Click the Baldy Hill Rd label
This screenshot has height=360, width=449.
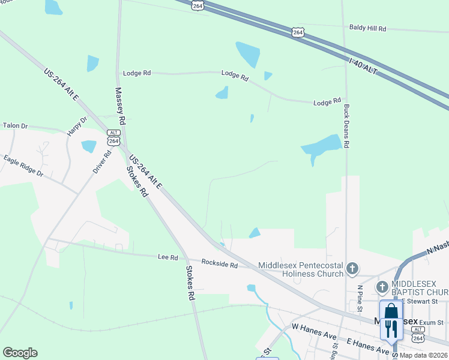367,28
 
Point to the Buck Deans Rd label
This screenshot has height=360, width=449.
346,126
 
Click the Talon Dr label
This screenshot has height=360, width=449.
16,125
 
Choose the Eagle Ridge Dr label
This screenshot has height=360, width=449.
23,166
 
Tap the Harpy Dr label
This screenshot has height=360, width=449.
77,126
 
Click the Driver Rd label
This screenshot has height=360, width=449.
102,162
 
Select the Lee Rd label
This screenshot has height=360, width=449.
167,257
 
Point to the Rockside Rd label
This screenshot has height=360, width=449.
220,265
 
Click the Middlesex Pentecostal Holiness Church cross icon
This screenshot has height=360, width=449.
353,268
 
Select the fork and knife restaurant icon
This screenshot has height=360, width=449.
391,329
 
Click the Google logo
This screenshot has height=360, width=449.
20,353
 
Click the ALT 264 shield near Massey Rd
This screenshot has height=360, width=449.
113,137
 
